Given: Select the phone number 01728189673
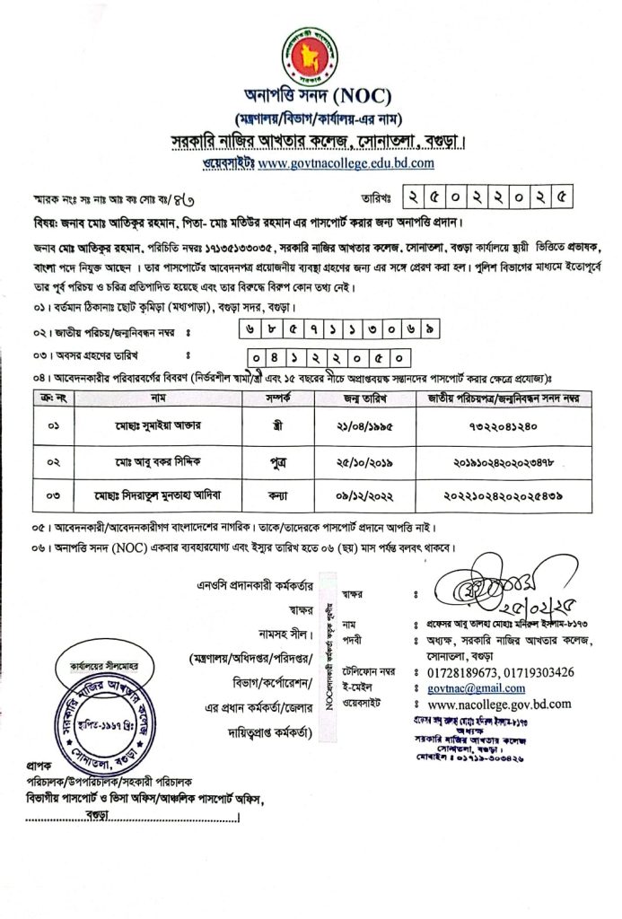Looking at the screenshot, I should [467, 671].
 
